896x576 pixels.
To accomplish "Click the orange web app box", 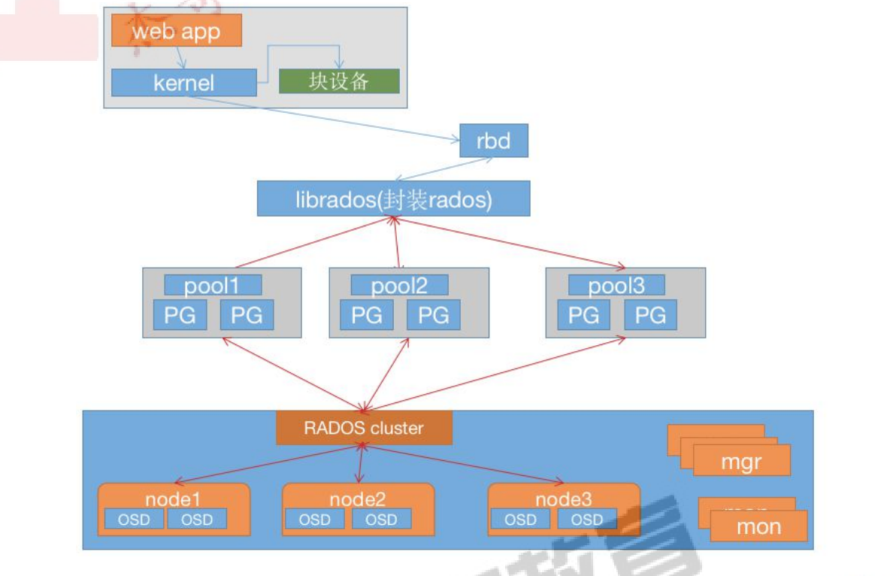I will [x=177, y=32].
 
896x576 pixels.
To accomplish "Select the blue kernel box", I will [x=183, y=83].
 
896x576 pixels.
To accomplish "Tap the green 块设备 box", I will [x=339, y=81].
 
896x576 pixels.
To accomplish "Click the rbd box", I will [x=493, y=141].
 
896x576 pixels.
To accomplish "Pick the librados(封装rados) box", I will [x=393, y=199].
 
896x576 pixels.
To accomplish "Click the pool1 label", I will [x=213, y=286].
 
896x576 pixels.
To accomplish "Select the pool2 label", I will [x=399, y=286].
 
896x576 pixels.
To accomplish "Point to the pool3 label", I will [x=616, y=286].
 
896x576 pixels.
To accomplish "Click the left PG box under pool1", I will [x=180, y=315].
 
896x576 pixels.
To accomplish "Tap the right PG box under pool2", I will [x=433, y=315].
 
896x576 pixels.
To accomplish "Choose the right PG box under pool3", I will [x=650, y=315].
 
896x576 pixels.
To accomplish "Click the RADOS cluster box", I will [x=364, y=428].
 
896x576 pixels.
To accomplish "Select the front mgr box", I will [x=742, y=460].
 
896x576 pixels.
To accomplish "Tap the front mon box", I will [x=758, y=526].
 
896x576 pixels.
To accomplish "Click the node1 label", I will [x=173, y=499].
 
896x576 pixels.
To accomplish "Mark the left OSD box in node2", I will [x=314, y=519].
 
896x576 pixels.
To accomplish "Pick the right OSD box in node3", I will [x=587, y=519].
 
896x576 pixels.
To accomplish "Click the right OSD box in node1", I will [x=197, y=519].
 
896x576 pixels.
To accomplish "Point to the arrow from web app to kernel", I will [x=180, y=58].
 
